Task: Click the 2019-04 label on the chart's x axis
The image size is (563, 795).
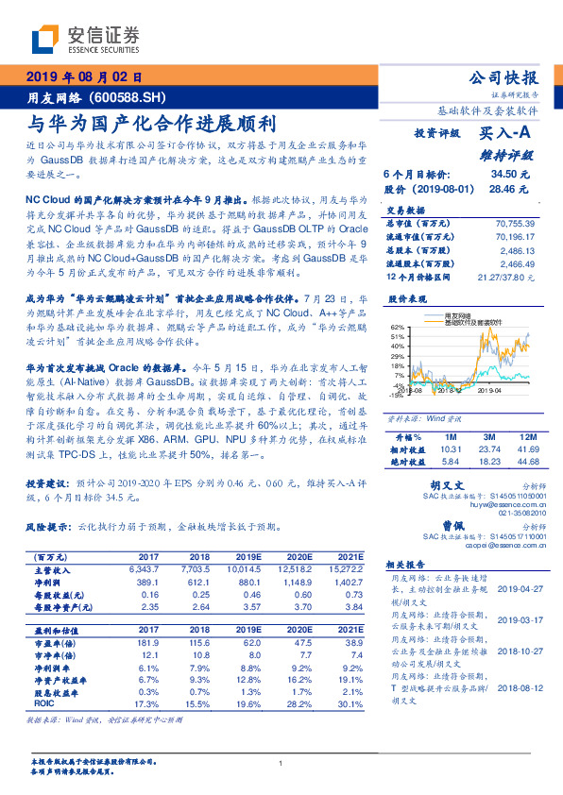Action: point(488,388)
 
